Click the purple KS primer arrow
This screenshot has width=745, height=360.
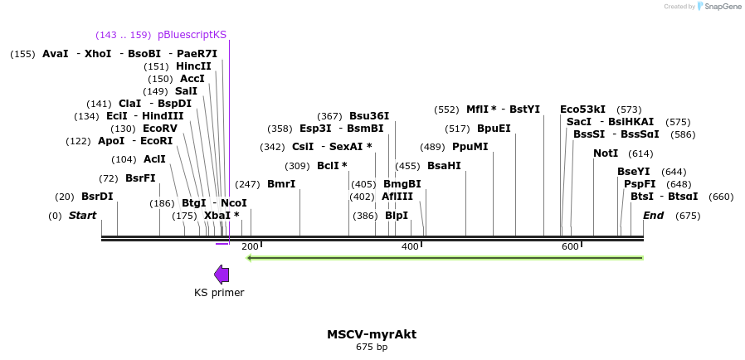(x=222, y=275)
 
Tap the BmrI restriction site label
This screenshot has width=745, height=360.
(x=281, y=184)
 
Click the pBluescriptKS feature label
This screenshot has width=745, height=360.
(x=192, y=35)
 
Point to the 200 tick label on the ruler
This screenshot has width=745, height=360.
(x=250, y=247)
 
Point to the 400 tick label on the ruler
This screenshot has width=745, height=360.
(x=411, y=247)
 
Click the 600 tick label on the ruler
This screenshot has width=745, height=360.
(x=570, y=247)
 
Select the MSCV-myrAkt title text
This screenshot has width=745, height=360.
(x=372, y=334)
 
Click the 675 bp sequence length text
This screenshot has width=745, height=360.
(x=372, y=348)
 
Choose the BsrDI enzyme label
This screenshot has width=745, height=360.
(x=97, y=197)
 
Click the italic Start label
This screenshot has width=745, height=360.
(x=82, y=216)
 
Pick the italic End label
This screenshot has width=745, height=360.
(x=653, y=216)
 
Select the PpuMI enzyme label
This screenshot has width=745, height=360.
(x=470, y=147)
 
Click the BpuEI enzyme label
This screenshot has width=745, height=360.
(x=494, y=129)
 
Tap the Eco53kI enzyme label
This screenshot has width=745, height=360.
(x=582, y=109)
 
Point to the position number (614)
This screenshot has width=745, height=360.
(x=640, y=153)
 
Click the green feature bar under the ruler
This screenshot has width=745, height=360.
(x=446, y=257)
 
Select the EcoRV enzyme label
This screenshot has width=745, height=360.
(x=160, y=129)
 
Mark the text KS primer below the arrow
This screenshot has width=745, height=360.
(x=219, y=293)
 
